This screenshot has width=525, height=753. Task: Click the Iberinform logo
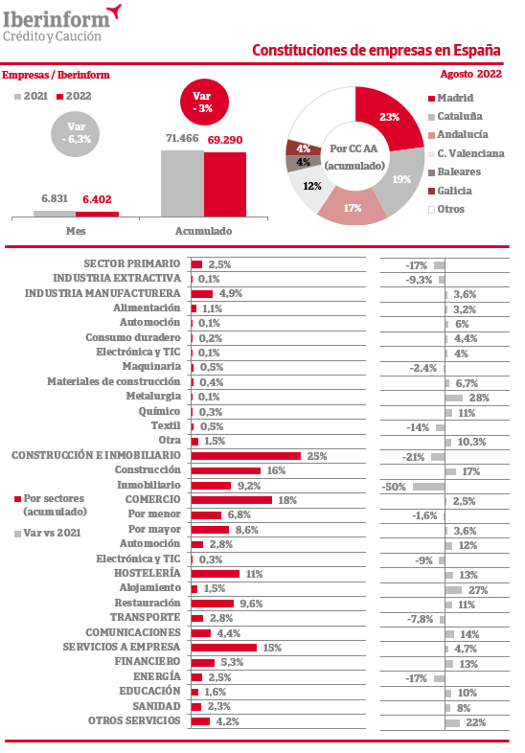(x=62, y=23)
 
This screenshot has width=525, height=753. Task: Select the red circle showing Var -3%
(x=204, y=102)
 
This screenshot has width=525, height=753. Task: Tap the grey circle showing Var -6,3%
(x=76, y=133)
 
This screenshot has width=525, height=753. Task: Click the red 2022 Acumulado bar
(x=225, y=184)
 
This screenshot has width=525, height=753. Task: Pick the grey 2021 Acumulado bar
(x=183, y=183)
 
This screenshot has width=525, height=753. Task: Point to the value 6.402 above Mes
(x=97, y=199)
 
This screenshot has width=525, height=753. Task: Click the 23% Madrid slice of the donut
(x=387, y=118)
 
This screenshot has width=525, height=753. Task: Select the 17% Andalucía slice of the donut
(x=353, y=207)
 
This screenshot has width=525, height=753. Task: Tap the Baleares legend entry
(x=454, y=171)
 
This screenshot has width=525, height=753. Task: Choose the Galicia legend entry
(x=450, y=191)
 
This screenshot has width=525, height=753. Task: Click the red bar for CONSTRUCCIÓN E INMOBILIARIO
(x=246, y=456)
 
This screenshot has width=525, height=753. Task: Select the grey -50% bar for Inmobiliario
(x=428, y=487)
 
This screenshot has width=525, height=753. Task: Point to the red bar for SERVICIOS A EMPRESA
(x=224, y=648)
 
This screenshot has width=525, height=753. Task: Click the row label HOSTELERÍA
(x=147, y=573)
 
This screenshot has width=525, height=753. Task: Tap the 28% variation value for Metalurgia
(x=479, y=398)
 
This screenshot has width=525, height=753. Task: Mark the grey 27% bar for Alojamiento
(x=453, y=590)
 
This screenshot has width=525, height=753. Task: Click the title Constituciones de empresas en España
(x=377, y=50)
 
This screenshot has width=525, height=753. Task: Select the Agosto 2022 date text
(x=470, y=74)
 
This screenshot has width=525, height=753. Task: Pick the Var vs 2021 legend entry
(x=48, y=533)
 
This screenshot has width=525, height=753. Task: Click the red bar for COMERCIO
(x=232, y=500)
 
